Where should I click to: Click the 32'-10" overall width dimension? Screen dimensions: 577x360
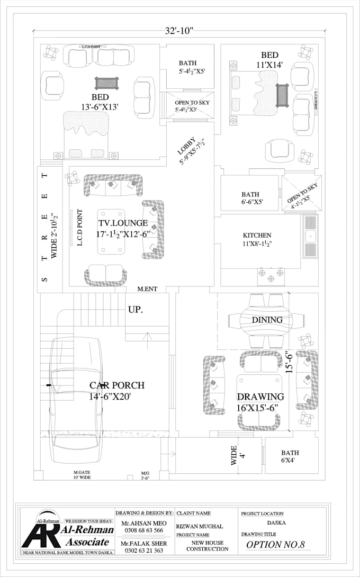click(x=179, y=30)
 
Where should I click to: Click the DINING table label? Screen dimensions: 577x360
click(x=267, y=320)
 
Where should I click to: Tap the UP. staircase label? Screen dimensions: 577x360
click(x=135, y=310)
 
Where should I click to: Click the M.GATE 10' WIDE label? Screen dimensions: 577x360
click(x=82, y=474)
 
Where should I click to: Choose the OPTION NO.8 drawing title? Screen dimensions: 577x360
click(x=275, y=544)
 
